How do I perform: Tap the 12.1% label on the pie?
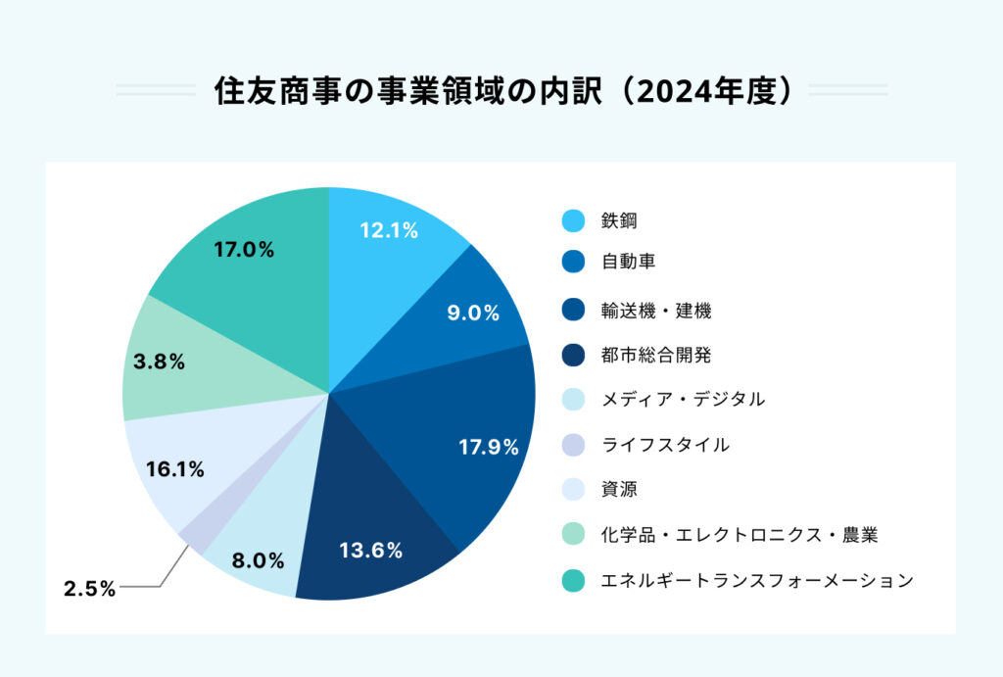(x=389, y=231)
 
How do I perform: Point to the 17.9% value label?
(x=488, y=448)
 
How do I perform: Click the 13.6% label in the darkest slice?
(x=370, y=551)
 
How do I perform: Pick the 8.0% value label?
(x=259, y=561)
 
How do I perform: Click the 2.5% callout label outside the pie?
(x=90, y=589)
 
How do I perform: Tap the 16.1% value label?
(x=174, y=470)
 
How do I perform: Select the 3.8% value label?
(x=159, y=362)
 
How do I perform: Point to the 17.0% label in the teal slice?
(x=243, y=250)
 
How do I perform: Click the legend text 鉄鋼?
(x=619, y=221)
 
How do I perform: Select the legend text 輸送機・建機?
(x=655, y=312)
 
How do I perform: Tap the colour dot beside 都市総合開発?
(x=574, y=354)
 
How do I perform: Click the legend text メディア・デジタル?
(x=683, y=399)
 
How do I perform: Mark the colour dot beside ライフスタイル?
(x=574, y=445)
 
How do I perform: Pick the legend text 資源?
(x=619, y=489)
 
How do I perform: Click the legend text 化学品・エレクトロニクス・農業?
(x=740, y=535)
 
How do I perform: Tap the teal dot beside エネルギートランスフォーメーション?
(x=574, y=581)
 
